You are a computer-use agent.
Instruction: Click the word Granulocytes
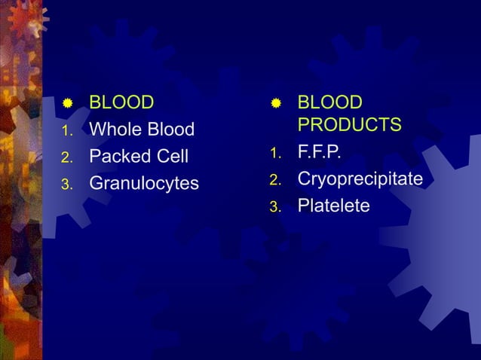click(144, 184)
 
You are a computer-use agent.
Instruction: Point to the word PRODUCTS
click(350, 124)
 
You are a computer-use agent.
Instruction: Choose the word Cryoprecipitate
click(360, 179)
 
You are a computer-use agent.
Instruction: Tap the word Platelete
click(334, 206)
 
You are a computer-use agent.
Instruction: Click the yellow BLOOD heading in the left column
click(121, 102)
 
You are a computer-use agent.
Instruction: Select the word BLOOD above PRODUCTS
click(329, 102)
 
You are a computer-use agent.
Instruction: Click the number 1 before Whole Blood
click(66, 132)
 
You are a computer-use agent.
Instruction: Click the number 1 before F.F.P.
click(275, 154)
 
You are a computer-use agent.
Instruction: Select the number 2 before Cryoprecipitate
click(275, 181)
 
